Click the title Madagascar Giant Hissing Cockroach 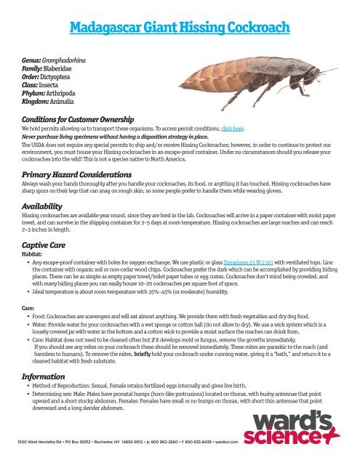180,29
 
